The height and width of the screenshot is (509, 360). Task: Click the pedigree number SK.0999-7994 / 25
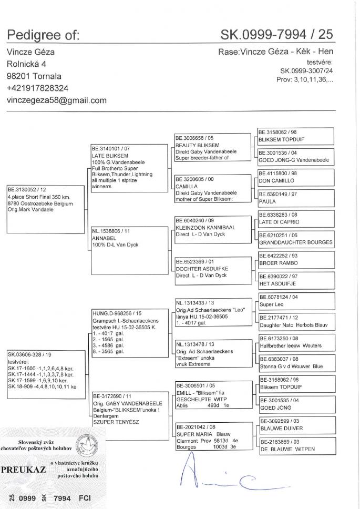pyautogui.click(x=276, y=35)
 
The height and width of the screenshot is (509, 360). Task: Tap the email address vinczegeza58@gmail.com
pyautogui.click(x=56, y=100)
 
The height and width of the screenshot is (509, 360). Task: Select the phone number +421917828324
pyautogui.click(x=37, y=88)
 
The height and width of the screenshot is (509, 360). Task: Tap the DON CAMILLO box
pyautogui.click(x=296, y=177)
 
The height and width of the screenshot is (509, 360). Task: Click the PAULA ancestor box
pyautogui.click(x=296, y=198)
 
